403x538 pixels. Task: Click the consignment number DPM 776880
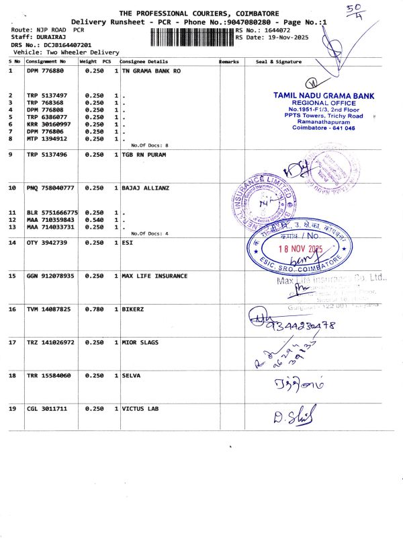tap(45, 71)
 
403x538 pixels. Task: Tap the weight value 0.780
tap(94, 309)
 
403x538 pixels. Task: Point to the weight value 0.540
tap(94, 220)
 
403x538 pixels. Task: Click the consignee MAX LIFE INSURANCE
tap(154, 276)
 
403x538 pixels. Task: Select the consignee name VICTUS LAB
tap(141, 408)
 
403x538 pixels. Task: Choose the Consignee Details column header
tap(142, 62)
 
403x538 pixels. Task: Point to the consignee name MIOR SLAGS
tap(140, 342)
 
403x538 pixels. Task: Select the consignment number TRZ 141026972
tap(50, 342)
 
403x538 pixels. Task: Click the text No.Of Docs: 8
tap(149, 145)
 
